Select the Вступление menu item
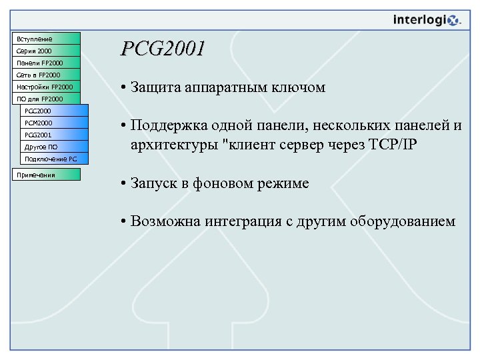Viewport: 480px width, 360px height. click(46, 39)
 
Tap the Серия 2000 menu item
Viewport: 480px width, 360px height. click(46, 51)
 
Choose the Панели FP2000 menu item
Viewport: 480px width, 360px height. click(46, 63)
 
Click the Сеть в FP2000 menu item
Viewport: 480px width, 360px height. click(46, 75)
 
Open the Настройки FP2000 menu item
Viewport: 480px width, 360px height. click(46, 87)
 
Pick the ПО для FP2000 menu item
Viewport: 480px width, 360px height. click(46, 99)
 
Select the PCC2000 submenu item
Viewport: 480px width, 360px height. click(54, 111)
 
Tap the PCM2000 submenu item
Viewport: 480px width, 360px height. click(54, 123)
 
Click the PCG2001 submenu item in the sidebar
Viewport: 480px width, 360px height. click(54, 135)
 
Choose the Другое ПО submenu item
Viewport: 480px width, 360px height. click(54, 147)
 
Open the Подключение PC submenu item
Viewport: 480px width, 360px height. click(54, 159)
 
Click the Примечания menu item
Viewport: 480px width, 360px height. click(46, 175)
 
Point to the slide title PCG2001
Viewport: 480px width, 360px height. click(163, 49)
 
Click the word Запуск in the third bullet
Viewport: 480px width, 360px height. click(154, 184)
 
